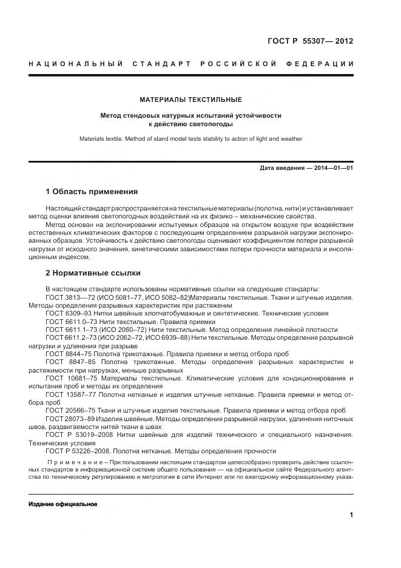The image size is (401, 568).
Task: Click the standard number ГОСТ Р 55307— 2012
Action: tap(310, 41)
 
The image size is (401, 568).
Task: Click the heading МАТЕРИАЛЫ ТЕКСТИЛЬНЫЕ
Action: tap(190, 99)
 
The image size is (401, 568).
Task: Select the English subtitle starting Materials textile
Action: tap(190, 138)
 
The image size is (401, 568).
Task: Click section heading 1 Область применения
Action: tap(92, 192)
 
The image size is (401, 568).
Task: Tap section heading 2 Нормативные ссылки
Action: tap(93, 272)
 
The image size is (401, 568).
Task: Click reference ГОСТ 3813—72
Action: tap(67, 297)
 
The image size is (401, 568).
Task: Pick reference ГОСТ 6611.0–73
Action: tap(69, 321)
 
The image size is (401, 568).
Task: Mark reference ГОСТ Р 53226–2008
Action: tap(75, 451)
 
